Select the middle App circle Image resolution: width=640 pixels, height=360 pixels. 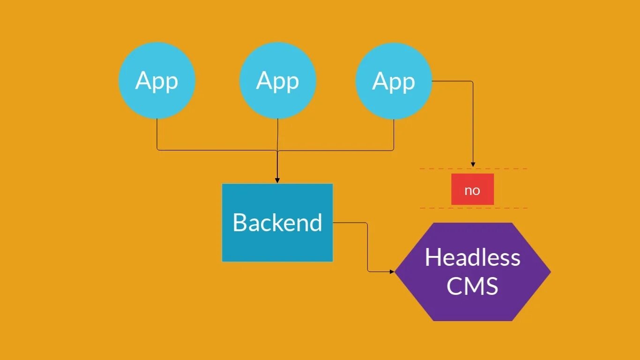pos(277,101)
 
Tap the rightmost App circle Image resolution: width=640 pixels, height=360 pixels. pos(394,101)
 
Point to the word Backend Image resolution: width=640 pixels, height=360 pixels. pos(277,222)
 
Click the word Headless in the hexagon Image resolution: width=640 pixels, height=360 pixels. pos(472,257)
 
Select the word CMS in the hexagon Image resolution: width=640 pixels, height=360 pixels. pos(472,286)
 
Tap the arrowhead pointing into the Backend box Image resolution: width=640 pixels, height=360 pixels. pos(277,180)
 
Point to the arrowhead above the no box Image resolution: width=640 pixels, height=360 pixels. pos(473,164)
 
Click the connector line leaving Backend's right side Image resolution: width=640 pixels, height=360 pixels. pos(351,223)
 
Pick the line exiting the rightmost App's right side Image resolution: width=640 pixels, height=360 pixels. pos(452,81)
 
